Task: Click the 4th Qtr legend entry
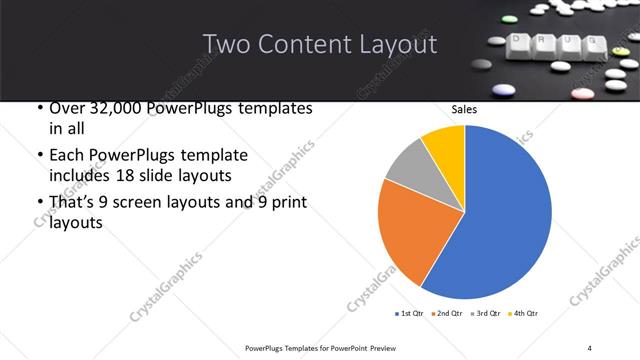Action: [523, 314]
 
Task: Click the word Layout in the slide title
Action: [395, 45]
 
